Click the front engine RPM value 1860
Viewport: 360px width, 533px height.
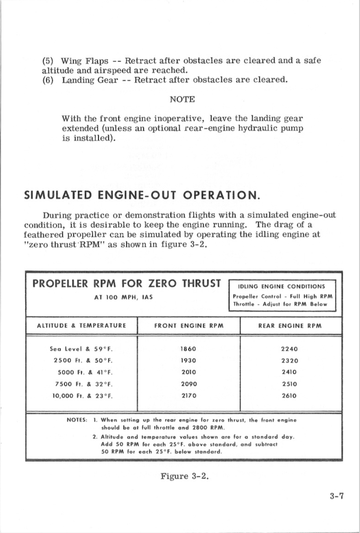[189, 349]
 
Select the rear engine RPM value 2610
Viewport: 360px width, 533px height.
[289, 396]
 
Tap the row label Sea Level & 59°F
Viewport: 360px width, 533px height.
[81, 349]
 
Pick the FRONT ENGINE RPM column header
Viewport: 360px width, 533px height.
[189, 326]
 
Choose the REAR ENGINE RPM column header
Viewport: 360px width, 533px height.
[290, 326]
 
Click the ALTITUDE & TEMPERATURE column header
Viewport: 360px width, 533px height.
[81, 326]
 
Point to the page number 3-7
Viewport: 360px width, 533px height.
[337, 496]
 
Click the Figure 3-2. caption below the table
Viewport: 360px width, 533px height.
[184, 476]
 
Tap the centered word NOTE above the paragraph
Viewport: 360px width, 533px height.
[182, 99]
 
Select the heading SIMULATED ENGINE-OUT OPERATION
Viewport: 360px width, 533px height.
[142, 195]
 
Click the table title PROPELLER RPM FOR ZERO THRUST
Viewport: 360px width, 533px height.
[127, 283]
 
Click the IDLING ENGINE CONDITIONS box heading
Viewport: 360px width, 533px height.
[282, 286]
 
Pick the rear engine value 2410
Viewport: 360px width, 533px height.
[289, 372]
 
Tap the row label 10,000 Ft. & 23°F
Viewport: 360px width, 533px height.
[83, 396]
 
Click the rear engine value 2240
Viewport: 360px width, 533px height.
[289, 349]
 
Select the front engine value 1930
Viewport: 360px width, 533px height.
[189, 360]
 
